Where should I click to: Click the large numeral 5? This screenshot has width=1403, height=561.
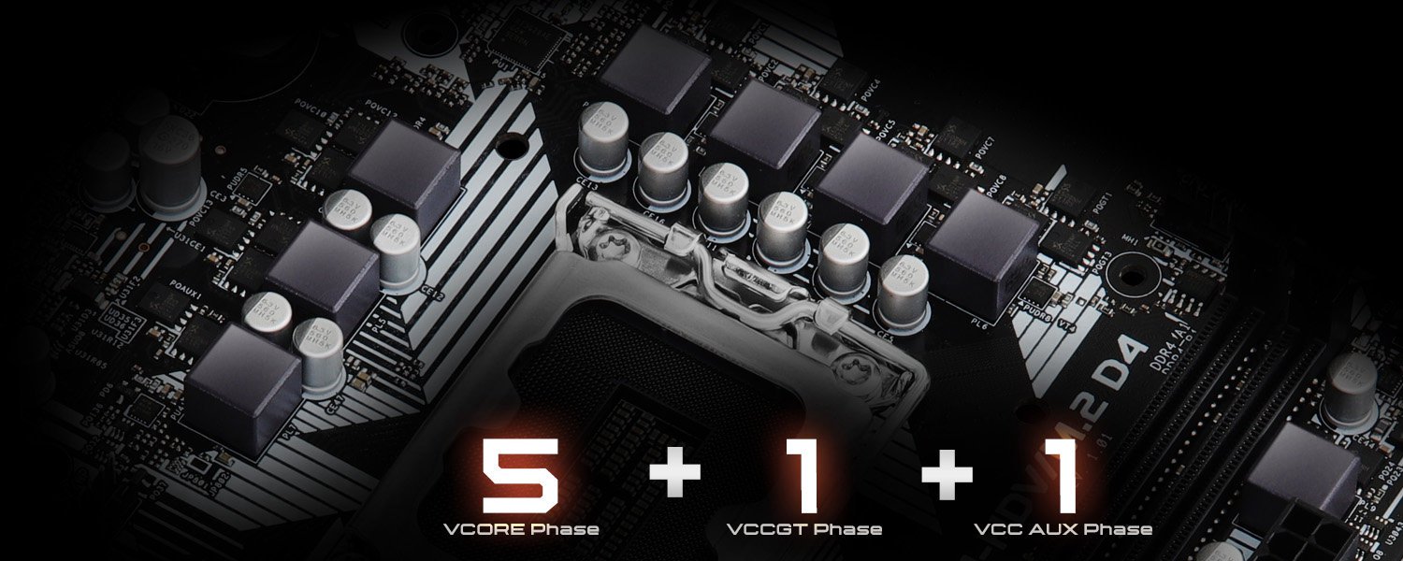(x=520, y=476)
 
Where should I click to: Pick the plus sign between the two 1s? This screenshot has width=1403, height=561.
(x=947, y=473)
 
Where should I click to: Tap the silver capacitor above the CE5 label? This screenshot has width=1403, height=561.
(x=903, y=290)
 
